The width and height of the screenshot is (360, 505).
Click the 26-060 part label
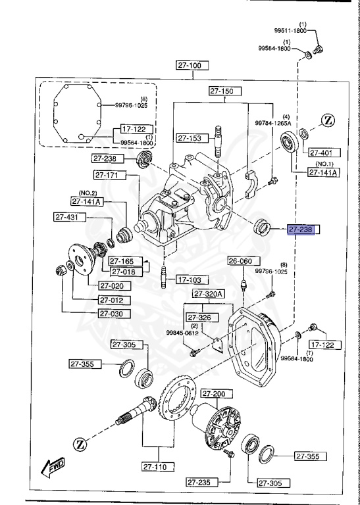point(240,261)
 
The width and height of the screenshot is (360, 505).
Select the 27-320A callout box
point(209,294)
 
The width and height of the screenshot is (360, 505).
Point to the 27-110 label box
point(158,468)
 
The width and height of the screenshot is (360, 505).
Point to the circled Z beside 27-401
point(329,120)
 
